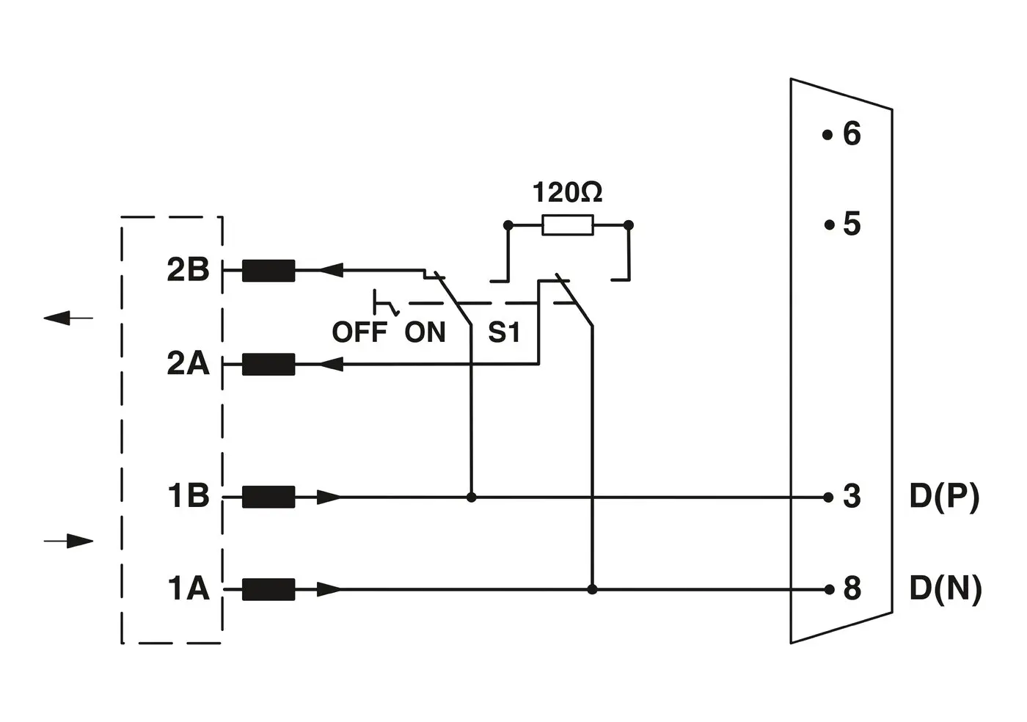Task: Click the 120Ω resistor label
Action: (567, 192)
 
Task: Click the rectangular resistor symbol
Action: (568, 225)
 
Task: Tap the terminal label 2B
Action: (188, 270)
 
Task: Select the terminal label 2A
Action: (188, 363)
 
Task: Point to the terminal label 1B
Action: (189, 496)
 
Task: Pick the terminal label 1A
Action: (189, 588)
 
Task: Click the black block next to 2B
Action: (268, 271)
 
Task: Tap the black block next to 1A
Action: (268, 589)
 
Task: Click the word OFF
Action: (359, 332)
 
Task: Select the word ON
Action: (425, 332)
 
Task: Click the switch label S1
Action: (504, 332)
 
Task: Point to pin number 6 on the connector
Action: (851, 134)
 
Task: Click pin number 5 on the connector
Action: (851, 224)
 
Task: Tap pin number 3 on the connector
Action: (851, 497)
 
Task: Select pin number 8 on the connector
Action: (851, 588)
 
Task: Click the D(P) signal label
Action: (944, 497)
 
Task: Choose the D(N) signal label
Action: (946, 588)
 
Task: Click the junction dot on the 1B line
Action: (472, 497)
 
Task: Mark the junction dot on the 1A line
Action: (592, 589)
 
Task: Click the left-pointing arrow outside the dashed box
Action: (68, 318)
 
